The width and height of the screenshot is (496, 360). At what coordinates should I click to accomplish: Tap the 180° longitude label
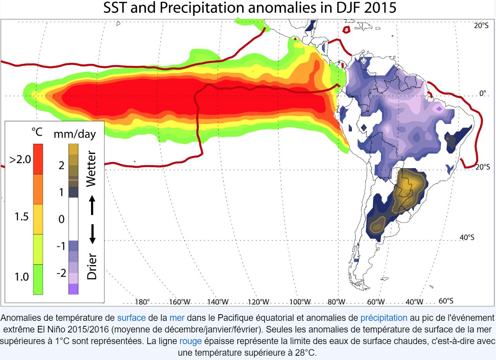tap(142, 302)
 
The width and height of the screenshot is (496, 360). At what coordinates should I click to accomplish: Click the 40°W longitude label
tap(414, 302)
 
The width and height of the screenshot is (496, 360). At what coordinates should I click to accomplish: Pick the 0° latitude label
tap(483, 93)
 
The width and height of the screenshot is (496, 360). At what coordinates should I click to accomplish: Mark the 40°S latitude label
tap(467, 238)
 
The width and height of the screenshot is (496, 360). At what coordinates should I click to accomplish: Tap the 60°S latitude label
tap(446, 301)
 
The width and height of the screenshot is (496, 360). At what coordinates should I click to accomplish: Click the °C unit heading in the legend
tap(36, 133)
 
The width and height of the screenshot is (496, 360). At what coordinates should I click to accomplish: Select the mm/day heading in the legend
tap(74, 134)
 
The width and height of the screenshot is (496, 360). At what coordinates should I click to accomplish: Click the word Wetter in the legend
tap(91, 169)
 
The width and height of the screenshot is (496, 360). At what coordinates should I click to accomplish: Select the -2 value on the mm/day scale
tap(61, 273)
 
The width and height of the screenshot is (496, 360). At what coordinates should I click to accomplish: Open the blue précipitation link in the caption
tap(384, 319)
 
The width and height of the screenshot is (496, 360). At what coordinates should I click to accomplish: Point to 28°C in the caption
tap(303, 353)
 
